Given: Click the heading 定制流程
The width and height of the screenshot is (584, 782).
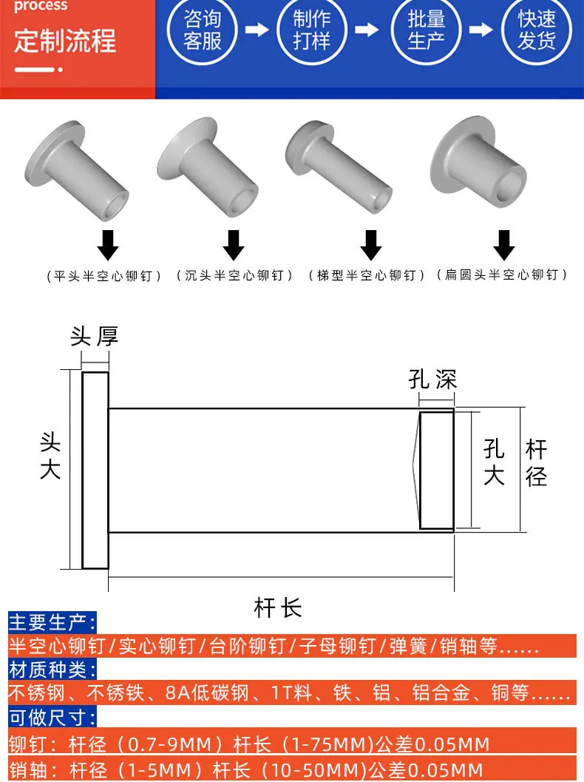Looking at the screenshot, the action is pyautogui.click(x=65, y=41).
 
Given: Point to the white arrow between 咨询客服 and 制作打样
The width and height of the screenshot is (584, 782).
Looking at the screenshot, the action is pyautogui.click(x=257, y=30).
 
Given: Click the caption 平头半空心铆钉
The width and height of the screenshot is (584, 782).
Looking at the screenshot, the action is pyautogui.click(x=103, y=276).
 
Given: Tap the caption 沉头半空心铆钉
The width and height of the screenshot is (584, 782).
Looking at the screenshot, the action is pyautogui.click(x=234, y=275).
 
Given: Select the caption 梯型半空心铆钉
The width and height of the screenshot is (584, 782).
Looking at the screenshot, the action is pyautogui.click(x=366, y=275).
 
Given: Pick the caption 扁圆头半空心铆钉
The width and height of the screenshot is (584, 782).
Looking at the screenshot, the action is pyautogui.click(x=502, y=274).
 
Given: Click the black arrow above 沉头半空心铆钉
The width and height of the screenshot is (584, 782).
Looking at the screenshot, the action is pyautogui.click(x=234, y=245).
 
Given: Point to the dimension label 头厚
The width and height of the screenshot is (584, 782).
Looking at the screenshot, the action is pyautogui.click(x=94, y=336).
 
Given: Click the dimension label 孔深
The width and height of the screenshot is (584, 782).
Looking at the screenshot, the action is pyautogui.click(x=432, y=379).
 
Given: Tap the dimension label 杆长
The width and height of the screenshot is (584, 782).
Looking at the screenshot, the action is pyautogui.click(x=278, y=608).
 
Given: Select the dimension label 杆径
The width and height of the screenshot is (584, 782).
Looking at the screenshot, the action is pyautogui.click(x=536, y=463).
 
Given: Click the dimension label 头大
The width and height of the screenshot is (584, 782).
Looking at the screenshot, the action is pyautogui.click(x=50, y=456).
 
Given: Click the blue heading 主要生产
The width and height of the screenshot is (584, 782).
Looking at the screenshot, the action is pyautogui.click(x=52, y=622).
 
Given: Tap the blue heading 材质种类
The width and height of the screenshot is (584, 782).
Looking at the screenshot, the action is pyautogui.click(x=52, y=670).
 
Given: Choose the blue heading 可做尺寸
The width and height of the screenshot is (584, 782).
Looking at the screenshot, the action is pyautogui.click(x=52, y=718).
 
